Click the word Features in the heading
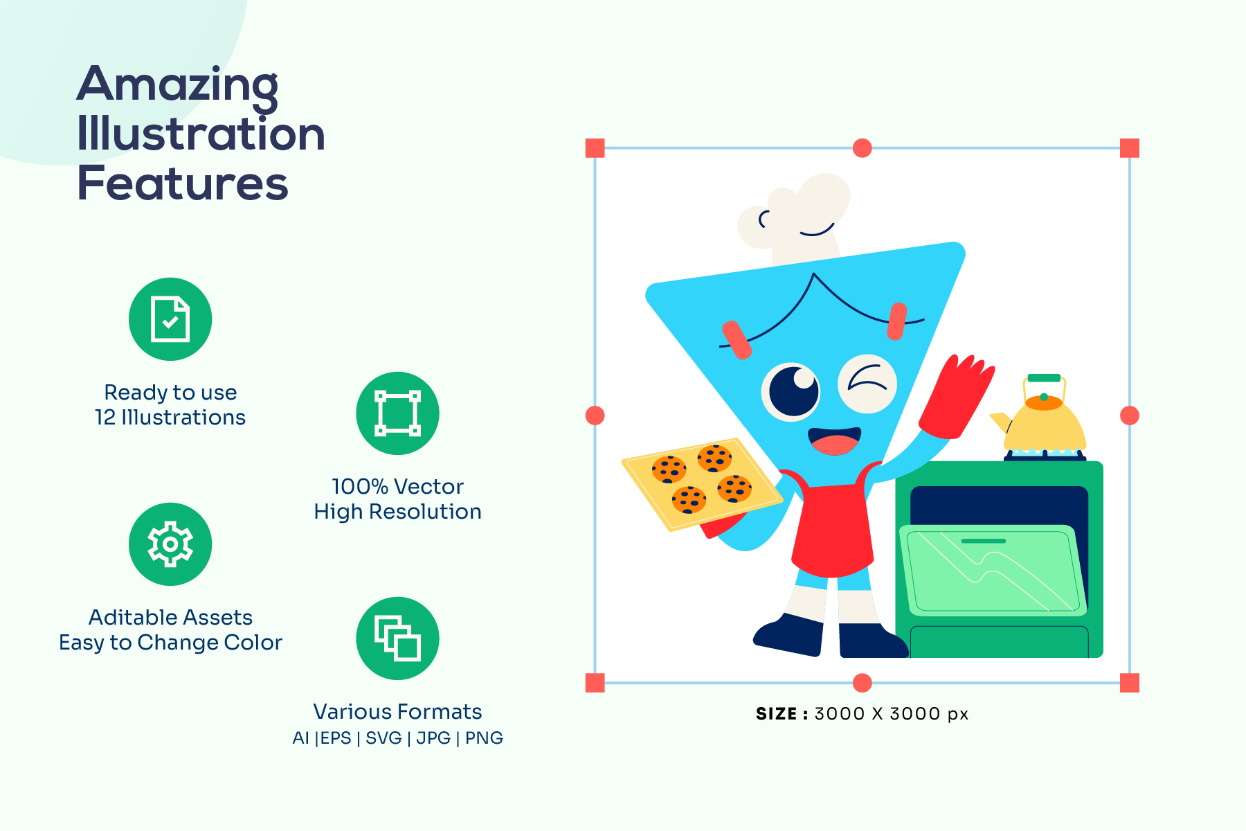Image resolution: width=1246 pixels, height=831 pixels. click(x=182, y=184)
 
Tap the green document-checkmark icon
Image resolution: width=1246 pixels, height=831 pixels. click(x=170, y=319)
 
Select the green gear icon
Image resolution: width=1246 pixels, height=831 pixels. click(x=170, y=544)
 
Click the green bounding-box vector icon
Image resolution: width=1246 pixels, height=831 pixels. click(x=397, y=413)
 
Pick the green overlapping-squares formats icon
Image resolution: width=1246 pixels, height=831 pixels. click(x=397, y=638)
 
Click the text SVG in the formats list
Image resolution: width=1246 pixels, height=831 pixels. click(x=383, y=738)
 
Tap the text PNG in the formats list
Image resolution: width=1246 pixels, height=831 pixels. click(x=484, y=738)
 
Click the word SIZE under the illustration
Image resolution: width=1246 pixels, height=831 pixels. click(x=776, y=714)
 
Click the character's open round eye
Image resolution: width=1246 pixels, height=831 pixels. click(x=792, y=391)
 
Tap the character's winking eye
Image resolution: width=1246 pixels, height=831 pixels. click(x=867, y=383)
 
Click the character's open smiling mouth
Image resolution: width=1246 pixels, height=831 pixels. click(x=835, y=441)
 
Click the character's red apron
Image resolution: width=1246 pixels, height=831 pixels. click(x=833, y=526)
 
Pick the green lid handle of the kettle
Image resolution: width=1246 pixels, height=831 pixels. click(x=1044, y=378)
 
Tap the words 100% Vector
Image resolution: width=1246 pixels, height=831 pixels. click(x=397, y=487)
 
